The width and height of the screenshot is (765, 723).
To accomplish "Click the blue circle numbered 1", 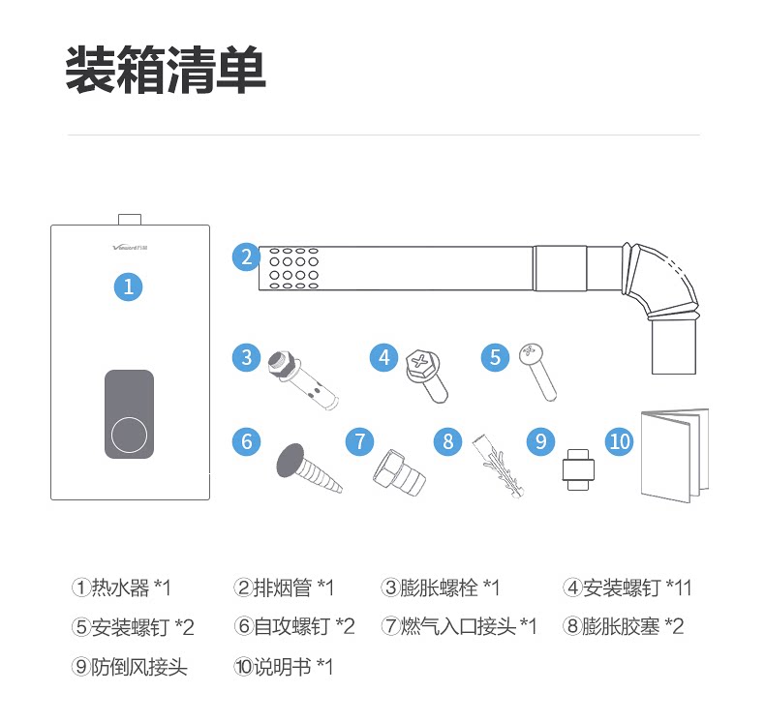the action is (x=129, y=286).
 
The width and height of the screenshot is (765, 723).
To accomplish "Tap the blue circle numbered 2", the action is (x=247, y=257).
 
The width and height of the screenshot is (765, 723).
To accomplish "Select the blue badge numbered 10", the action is (x=620, y=441).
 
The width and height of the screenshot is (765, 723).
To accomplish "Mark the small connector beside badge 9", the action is (x=578, y=471).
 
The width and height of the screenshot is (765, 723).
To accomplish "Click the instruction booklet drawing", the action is (x=675, y=454).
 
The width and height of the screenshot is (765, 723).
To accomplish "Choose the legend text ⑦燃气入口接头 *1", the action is (x=459, y=626).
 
